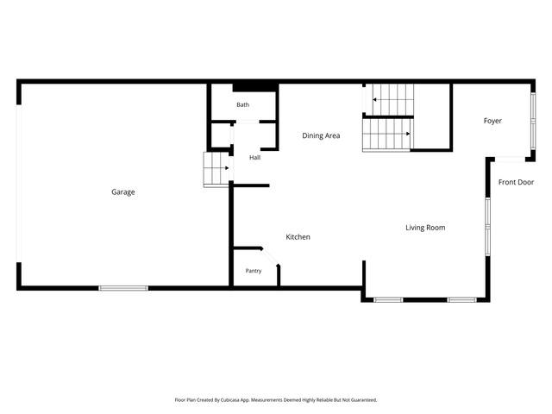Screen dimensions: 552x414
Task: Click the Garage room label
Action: (122, 191)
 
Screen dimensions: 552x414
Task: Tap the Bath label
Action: (242, 104)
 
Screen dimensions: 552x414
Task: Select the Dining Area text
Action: (321, 135)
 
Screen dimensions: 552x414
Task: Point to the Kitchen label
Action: (298, 237)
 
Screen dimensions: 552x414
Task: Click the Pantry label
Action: (254, 271)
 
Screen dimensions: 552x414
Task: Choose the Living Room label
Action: (425, 228)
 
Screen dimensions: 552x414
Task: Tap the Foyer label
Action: (492, 121)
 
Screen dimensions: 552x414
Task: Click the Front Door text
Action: (516, 182)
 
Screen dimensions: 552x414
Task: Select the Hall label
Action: (255, 157)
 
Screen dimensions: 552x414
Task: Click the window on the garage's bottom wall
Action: (123, 288)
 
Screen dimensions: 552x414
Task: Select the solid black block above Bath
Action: (255, 87)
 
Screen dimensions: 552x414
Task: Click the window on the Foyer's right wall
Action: (533, 121)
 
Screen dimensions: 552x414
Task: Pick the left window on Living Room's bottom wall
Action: (388, 300)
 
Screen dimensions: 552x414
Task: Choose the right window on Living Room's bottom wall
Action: (462, 300)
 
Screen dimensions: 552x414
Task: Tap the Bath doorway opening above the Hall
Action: (248, 122)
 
